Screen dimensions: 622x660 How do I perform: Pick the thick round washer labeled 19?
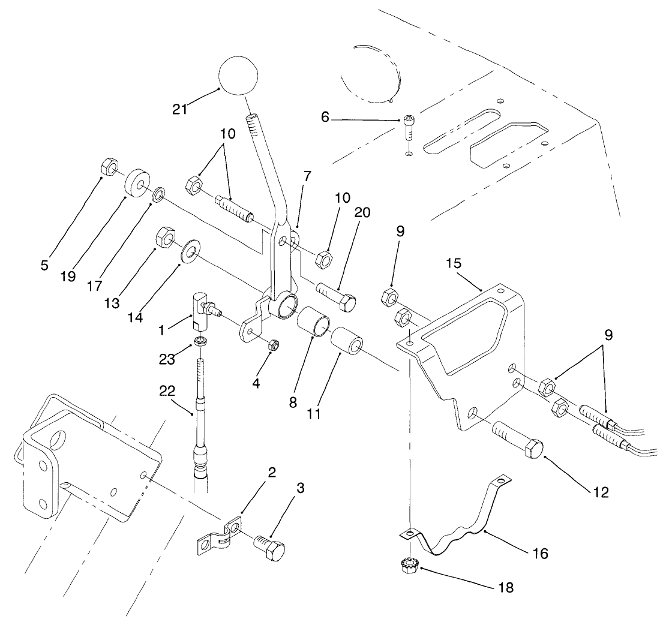pos(137,183)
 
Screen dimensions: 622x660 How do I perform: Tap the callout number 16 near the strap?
pos(539,553)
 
